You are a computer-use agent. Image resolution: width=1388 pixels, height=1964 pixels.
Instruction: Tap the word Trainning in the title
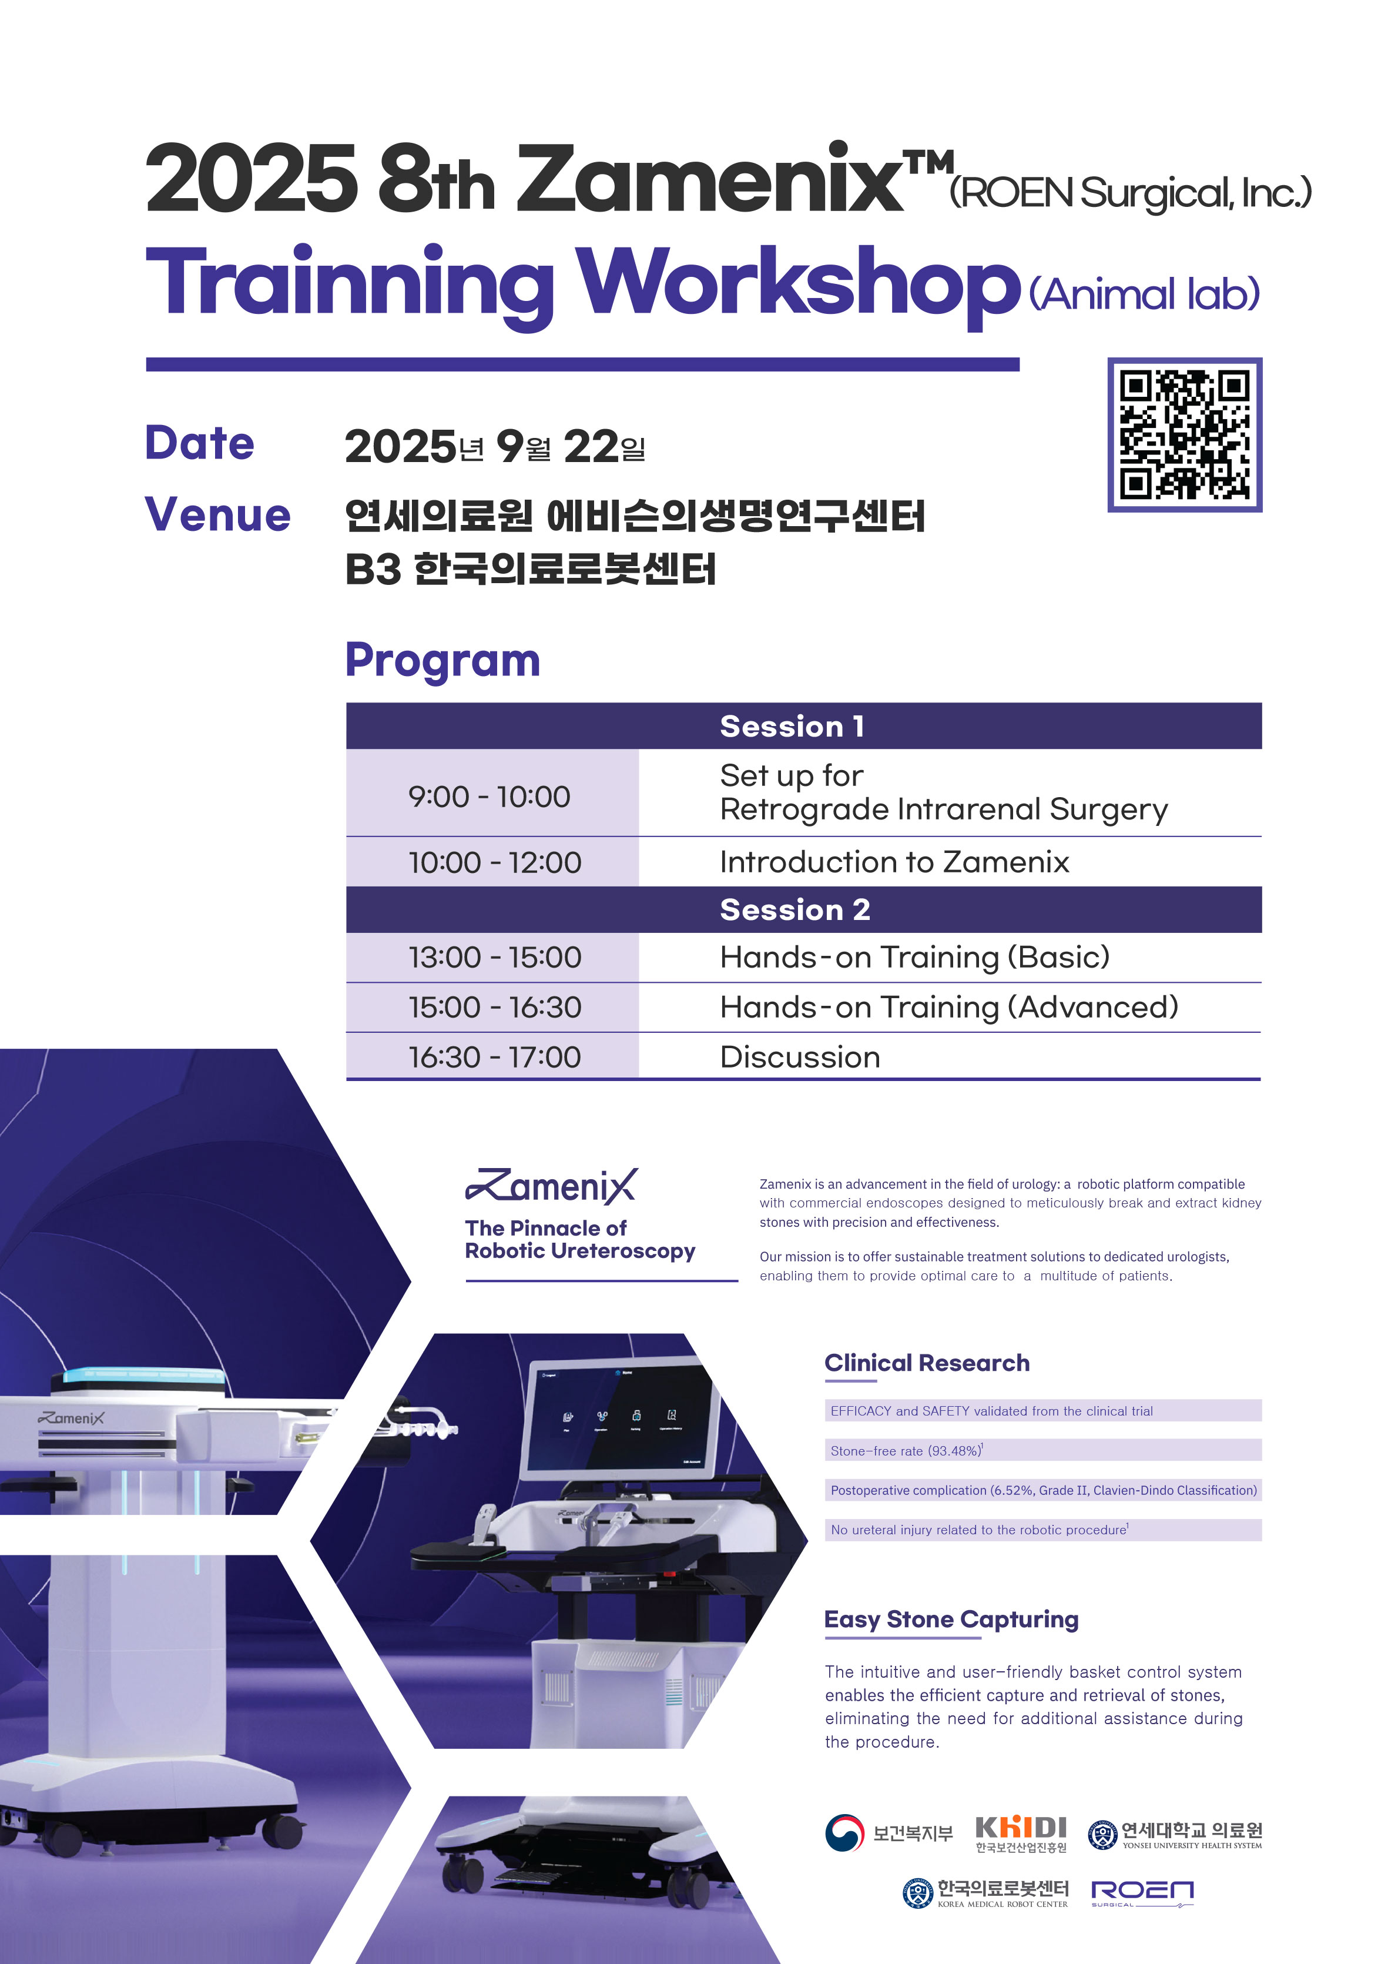351,283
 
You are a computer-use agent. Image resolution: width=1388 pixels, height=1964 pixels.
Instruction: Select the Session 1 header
792,726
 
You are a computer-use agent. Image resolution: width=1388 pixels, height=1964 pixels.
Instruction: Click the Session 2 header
794,909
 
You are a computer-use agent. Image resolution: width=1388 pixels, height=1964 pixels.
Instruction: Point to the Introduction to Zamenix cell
894,861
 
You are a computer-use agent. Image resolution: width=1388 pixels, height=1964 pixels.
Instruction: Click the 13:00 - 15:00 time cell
494,957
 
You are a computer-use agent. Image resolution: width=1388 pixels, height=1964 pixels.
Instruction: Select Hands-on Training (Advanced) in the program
949,1008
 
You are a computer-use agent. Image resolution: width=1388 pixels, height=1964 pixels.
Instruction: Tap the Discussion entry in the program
800,1058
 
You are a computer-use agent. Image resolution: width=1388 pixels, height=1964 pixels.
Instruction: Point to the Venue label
218,515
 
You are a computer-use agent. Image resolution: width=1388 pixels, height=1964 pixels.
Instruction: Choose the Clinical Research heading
927,1363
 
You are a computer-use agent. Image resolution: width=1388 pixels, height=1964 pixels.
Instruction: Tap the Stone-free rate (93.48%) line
907,1451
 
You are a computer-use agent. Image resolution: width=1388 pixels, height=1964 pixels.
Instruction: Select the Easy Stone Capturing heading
951,1620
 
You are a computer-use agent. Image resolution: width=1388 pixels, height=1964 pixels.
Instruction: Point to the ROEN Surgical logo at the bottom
1142,1893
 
